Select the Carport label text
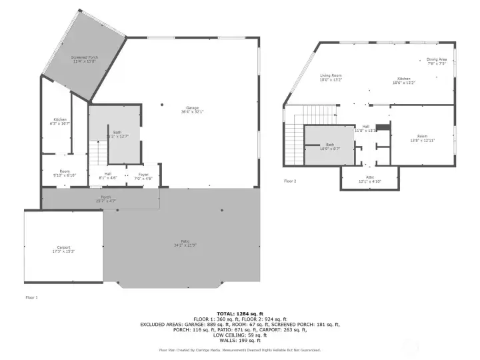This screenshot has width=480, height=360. [63, 250]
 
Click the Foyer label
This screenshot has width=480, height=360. [144, 176]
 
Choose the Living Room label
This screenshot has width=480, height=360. [330, 77]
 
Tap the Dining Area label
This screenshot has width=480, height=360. [437, 61]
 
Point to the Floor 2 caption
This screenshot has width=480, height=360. [290, 181]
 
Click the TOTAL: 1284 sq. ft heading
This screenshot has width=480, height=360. [239, 313]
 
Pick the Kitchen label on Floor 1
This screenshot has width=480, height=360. [59, 121]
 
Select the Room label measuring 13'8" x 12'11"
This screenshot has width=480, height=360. [422, 138]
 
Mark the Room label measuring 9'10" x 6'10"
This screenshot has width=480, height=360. [65, 173]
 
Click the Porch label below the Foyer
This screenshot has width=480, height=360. [106, 198]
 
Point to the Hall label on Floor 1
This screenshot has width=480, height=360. [107, 175]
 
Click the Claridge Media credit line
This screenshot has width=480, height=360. [239, 349]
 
